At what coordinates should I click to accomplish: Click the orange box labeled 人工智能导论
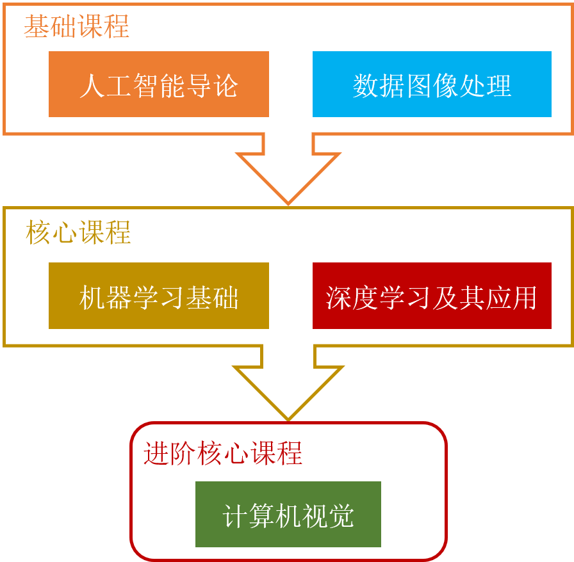(158, 84)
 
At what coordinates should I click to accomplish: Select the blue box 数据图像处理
(432, 84)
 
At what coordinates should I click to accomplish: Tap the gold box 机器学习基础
(158, 296)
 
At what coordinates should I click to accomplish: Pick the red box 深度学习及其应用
(432, 296)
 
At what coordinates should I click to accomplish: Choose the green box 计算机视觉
(288, 515)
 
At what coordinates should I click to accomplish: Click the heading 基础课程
(77, 27)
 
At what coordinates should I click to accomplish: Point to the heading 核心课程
(78, 232)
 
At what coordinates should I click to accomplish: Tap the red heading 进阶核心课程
(222, 454)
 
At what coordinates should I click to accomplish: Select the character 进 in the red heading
(156, 454)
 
